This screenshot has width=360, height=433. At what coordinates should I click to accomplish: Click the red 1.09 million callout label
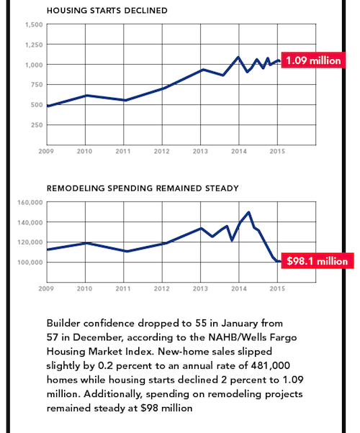[313, 60]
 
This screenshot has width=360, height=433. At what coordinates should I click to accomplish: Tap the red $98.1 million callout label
[317, 260]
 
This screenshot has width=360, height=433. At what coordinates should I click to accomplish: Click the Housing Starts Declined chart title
[107, 11]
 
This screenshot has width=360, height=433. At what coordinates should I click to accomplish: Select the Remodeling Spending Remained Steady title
[143, 188]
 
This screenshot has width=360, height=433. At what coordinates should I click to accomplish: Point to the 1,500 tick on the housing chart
[34, 25]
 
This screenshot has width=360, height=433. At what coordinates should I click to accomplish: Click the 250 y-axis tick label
[37, 125]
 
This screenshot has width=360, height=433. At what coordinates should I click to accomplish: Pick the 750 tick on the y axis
[37, 85]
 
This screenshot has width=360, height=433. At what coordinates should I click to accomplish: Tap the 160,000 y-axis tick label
[30, 202]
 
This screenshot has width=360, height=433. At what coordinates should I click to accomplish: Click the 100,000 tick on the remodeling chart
[30, 263]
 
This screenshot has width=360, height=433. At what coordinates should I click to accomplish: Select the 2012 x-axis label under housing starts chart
[162, 151]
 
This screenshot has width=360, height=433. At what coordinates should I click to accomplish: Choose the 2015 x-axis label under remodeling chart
[277, 288]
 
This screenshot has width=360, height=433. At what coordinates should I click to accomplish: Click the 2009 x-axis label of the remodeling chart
[46, 288]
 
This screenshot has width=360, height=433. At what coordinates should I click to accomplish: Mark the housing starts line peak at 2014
[238, 57]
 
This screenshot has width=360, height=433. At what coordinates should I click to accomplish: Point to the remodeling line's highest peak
[249, 212]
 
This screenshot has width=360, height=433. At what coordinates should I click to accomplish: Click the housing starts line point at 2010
[86, 96]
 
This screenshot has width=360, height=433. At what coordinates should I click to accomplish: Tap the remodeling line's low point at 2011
[126, 251]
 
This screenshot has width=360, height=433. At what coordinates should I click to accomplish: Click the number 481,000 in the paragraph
[271, 365]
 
